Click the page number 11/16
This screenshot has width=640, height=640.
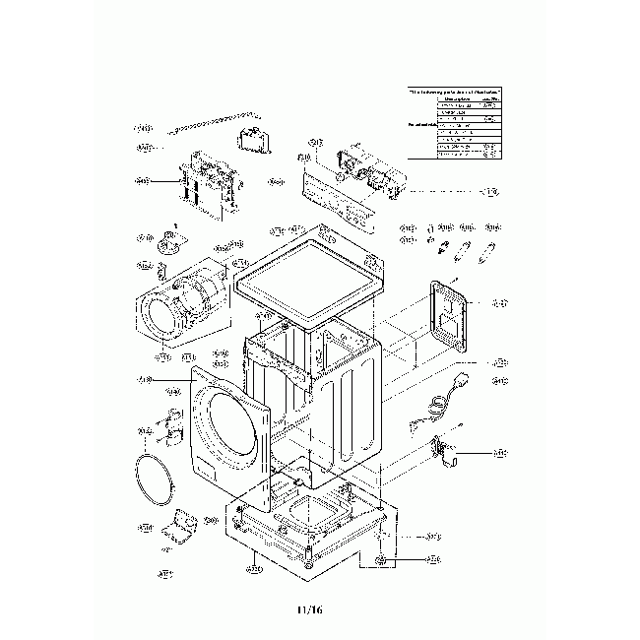tap(308, 610)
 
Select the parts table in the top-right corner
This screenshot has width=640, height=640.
tap(453, 122)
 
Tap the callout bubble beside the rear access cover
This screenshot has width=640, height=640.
tap(499, 302)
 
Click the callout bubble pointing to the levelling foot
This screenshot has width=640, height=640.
tap(433, 559)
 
